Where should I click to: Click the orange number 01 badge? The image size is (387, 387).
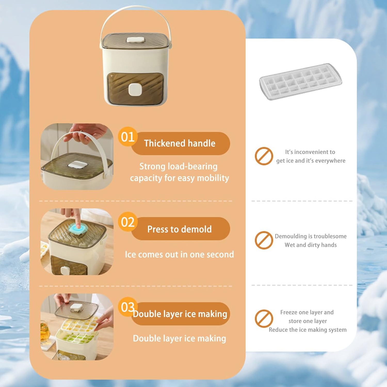pyautogui.click(x=128, y=137)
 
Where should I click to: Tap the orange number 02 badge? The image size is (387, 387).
pyautogui.click(x=128, y=222)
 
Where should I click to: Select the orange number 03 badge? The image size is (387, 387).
pyautogui.click(x=128, y=307)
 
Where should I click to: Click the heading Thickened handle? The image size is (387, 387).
pyautogui.click(x=180, y=143)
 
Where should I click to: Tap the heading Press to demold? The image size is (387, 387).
pyautogui.click(x=180, y=229)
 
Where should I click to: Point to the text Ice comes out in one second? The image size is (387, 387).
pyautogui.click(x=179, y=254)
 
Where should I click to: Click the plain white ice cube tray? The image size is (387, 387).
pyautogui.click(x=301, y=81)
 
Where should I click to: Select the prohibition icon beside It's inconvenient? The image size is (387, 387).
pyautogui.click(x=264, y=156)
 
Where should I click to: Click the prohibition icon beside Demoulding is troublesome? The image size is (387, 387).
pyautogui.click(x=264, y=240)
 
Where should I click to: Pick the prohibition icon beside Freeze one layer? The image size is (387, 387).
pyautogui.click(x=264, y=319)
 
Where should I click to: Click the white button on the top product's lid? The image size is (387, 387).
pyautogui.click(x=135, y=40)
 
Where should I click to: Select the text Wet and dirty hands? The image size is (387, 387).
pyautogui.click(x=311, y=245)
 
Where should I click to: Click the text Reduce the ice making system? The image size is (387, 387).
pyautogui.click(x=308, y=330)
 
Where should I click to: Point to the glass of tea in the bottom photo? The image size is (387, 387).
pyautogui.click(x=45, y=332)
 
